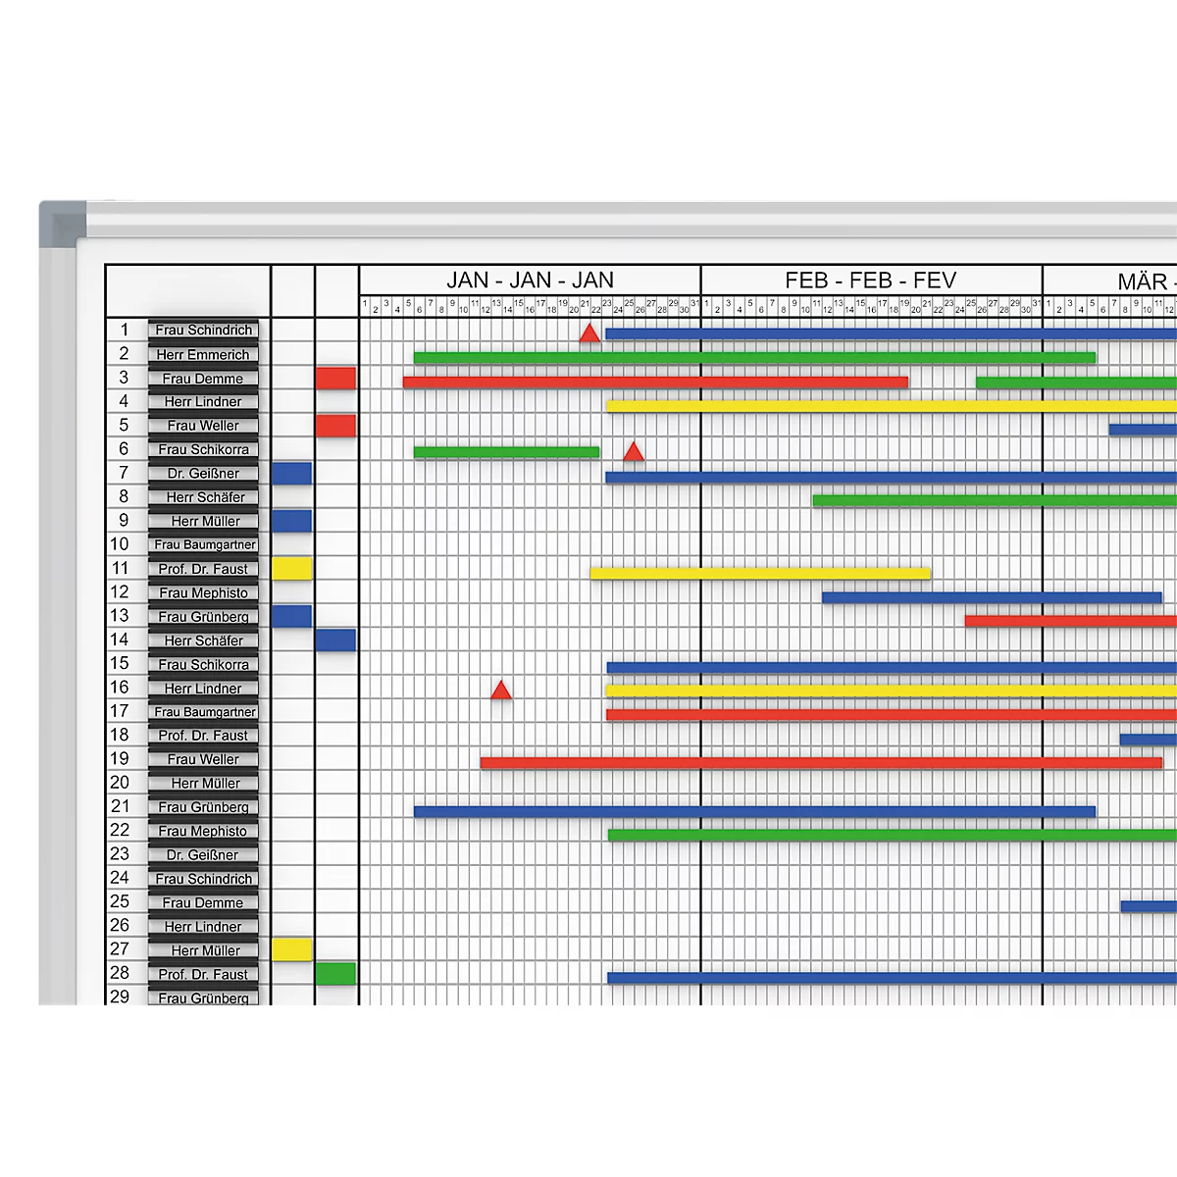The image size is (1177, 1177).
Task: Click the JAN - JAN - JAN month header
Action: pos(530,281)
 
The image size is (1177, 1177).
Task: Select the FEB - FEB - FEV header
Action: pos(870,281)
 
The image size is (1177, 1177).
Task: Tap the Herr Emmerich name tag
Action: pos(203,354)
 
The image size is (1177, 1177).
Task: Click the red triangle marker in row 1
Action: pos(588,334)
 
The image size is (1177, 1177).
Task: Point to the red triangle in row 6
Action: pos(634,452)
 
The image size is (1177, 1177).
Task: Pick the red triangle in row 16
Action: pos(501,691)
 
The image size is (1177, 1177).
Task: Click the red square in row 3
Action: pos(335,379)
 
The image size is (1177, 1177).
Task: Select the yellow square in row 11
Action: pos(291,569)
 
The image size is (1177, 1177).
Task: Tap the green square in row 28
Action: pos(335,974)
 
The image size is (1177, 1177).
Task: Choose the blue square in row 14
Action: pos(335,640)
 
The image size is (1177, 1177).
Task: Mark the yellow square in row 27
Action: pos(291,949)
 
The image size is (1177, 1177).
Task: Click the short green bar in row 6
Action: pos(506,452)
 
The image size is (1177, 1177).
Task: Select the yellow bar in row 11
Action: pos(760,574)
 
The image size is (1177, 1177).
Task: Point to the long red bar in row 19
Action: pos(821,763)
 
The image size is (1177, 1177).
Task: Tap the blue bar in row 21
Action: pos(754,811)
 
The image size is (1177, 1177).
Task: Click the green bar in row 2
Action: pos(754,358)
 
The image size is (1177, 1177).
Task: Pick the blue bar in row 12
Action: pos(992,597)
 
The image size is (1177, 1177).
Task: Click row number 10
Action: pos(120,544)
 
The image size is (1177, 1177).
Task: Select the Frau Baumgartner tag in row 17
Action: pos(204,712)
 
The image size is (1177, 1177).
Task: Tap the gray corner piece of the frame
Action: pos(61,222)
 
